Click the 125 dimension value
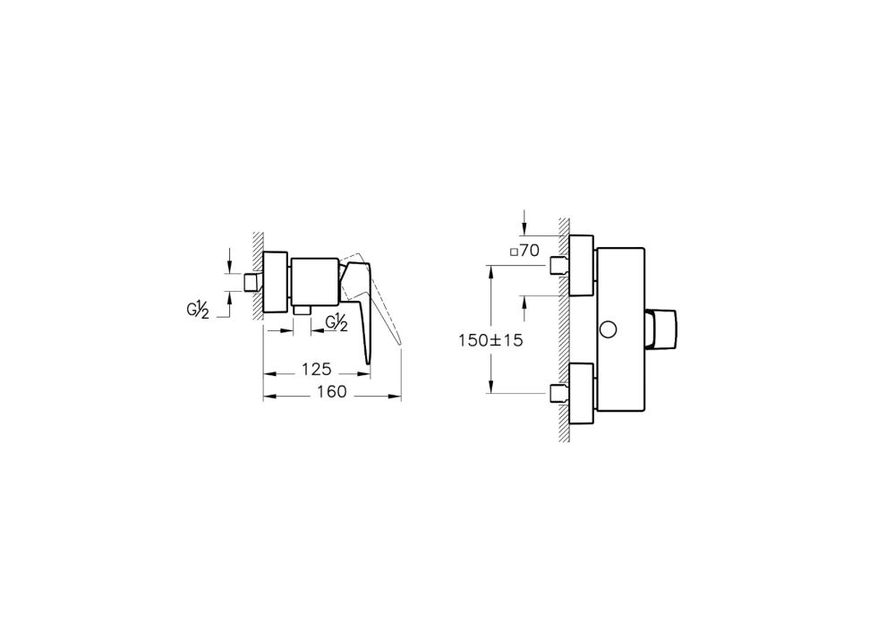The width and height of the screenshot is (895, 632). click(316, 369)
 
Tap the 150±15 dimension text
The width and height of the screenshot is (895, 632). click(490, 341)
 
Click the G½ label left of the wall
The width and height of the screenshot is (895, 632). click(197, 311)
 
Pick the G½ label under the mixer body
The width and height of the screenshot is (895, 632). click(337, 323)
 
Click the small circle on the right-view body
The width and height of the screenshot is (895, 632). click(609, 329)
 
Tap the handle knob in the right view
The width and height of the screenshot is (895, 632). click(665, 329)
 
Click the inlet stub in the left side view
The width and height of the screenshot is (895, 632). click(253, 283)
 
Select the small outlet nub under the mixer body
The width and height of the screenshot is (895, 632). click(302, 310)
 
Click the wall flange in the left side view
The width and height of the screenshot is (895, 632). click(275, 281)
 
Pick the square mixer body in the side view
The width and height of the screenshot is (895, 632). click(315, 281)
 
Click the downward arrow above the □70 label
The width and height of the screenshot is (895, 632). click(525, 222)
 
